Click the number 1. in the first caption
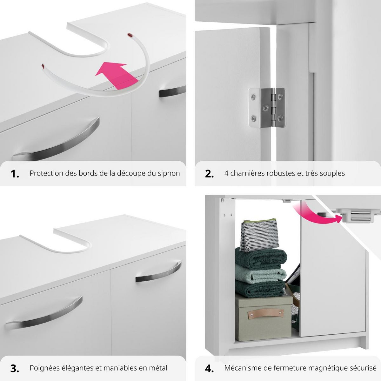[15, 174]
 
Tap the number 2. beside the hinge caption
[209, 174]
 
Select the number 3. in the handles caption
[15, 368]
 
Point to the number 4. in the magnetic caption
[209, 368]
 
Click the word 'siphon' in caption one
[169, 173]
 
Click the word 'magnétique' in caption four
[330, 368]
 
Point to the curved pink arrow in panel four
[312, 213]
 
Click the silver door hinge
[266, 107]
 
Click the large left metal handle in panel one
[57, 140]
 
